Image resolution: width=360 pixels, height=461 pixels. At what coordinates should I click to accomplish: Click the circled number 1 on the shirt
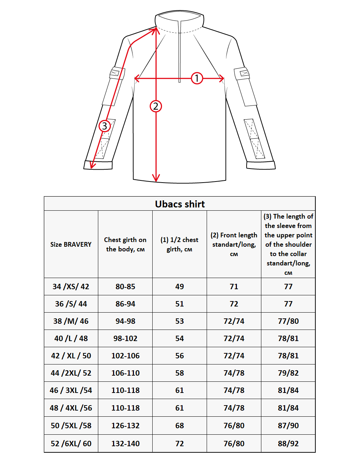(x=197, y=78)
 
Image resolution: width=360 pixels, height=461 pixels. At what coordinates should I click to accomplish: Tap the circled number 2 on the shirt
(x=156, y=106)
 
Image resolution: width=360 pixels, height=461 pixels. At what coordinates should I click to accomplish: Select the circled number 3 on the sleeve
(x=104, y=126)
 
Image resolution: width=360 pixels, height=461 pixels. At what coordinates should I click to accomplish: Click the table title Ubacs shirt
(x=180, y=204)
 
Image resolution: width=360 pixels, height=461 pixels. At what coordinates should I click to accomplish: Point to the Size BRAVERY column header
(x=71, y=245)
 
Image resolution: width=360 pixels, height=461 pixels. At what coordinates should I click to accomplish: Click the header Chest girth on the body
(x=125, y=245)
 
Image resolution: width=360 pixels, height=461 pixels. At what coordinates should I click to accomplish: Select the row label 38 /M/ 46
(x=71, y=321)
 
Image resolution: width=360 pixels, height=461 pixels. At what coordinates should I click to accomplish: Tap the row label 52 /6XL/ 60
(x=71, y=444)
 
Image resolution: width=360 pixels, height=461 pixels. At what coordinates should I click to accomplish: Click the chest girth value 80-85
(x=125, y=287)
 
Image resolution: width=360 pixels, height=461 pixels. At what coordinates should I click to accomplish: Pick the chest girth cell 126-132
(x=125, y=426)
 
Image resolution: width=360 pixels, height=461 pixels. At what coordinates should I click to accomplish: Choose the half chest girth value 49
(x=180, y=287)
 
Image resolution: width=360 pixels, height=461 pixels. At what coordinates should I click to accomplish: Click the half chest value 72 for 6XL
(x=180, y=444)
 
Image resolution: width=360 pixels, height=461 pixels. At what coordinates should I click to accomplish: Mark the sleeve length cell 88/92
(x=288, y=444)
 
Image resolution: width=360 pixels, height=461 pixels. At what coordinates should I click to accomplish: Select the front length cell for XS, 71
(x=234, y=287)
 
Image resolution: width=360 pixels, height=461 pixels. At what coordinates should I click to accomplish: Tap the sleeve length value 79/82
(x=288, y=373)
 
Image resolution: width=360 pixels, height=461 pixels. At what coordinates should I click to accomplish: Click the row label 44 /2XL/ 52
(x=71, y=373)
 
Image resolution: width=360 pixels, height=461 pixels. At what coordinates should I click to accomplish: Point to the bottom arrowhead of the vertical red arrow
(x=156, y=178)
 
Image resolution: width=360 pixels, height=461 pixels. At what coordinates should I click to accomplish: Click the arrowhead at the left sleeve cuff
(x=92, y=165)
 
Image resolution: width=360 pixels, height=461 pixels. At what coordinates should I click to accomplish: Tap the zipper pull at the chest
(x=180, y=80)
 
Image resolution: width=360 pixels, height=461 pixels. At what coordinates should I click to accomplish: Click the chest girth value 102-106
(x=125, y=356)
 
